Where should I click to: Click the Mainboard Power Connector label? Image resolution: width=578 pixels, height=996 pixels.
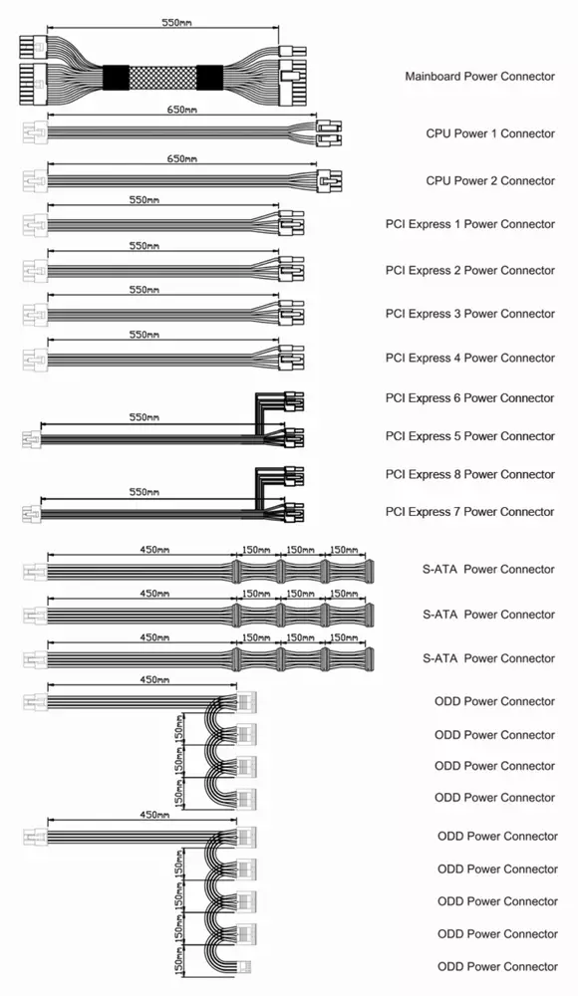pyautogui.click(x=480, y=77)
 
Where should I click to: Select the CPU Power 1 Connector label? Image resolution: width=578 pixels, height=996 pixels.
pyautogui.click(x=490, y=133)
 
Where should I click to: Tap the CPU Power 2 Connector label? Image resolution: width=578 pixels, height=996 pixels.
pyautogui.click(x=490, y=181)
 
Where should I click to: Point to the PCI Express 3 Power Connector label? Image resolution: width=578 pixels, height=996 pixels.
pyautogui.click(x=470, y=314)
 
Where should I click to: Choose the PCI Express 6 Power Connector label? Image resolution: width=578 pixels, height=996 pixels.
pyautogui.click(x=470, y=398)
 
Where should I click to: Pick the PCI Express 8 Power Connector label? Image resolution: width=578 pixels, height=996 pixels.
pyautogui.click(x=470, y=474)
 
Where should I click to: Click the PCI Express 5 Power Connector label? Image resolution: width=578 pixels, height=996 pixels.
pyautogui.click(x=470, y=436)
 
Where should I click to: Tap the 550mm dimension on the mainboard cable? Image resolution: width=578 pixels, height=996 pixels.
pyautogui.click(x=176, y=23)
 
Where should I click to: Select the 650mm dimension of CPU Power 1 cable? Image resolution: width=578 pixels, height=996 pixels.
pyautogui.click(x=181, y=110)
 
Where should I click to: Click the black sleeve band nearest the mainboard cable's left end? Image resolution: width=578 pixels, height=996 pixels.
pyautogui.click(x=116, y=78)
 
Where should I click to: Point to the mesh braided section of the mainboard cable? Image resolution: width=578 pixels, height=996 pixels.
pyautogui.click(x=162, y=78)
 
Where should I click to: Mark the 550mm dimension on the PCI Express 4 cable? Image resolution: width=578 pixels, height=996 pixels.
pyautogui.click(x=144, y=335)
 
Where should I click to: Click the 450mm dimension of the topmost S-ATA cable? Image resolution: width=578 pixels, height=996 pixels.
pyautogui.click(x=154, y=550)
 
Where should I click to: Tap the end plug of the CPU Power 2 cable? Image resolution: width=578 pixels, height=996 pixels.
pyautogui.click(x=330, y=181)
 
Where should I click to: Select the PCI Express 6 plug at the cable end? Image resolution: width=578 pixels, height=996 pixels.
pyautogui.click(x=294, y=401)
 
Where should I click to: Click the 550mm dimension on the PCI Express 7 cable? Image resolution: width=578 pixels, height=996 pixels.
pyautogui.click(x=144, y=492)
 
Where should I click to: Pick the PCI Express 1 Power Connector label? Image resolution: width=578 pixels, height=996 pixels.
pyautogui.click(x=470, y=224)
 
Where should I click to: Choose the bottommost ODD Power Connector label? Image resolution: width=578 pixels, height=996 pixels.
pyautogui.click(x=497, y=967)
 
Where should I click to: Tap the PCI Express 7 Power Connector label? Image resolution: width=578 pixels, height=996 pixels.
pyautogui.click(x=470, y=512)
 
